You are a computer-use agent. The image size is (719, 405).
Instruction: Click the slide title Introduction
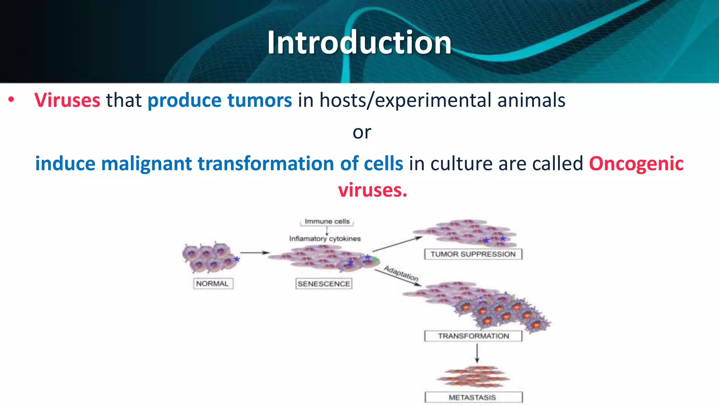point(359,43)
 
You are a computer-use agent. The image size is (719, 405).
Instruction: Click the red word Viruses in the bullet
point(67,100)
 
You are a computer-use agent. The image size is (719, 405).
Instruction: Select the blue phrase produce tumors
point(219,100)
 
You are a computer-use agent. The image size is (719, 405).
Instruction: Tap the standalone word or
point(362,133)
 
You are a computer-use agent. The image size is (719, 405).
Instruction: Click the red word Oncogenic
point(636,164)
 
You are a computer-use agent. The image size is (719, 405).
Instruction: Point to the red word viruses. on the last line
point(372,190)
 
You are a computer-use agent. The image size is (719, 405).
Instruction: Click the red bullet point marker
point(11,100)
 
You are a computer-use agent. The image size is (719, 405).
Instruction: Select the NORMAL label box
point(213,283)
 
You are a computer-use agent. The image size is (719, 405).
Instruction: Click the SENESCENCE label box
point(324,283)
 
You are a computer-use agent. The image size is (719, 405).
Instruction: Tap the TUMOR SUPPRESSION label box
point(473,254)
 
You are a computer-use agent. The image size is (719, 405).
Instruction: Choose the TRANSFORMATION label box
point(473,336)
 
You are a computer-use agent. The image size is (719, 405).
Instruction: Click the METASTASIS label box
point(473,397)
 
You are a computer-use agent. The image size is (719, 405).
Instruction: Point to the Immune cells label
point(327,221)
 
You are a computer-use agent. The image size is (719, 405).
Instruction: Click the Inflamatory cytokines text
point(325,239)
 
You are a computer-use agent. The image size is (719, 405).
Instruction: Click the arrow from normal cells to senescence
point(255,253)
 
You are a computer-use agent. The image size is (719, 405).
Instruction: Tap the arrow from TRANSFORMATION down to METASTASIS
point(477,353)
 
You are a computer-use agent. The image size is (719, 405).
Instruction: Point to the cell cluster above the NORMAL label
point(210,258)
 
